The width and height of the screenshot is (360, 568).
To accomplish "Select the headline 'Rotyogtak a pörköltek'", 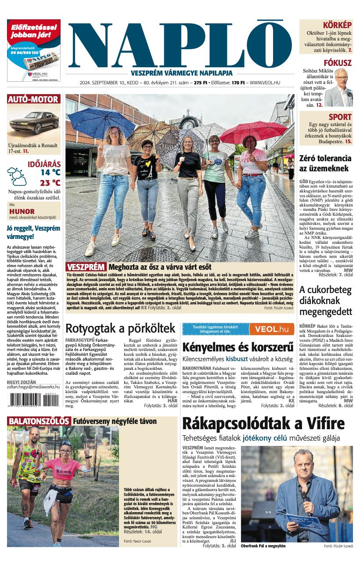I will tap(120, 328).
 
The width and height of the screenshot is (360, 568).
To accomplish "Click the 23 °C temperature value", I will tap(50, 183).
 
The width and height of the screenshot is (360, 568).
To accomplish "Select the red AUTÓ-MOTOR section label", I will tap(33, 99).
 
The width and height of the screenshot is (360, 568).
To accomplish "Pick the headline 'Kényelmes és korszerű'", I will tap(238, 347).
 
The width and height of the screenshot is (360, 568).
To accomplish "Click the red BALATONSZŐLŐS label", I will tap(39, 421).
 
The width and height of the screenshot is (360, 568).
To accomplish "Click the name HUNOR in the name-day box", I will tap(22, 211).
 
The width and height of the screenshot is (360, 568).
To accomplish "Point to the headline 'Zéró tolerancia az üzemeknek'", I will tap(325, 163).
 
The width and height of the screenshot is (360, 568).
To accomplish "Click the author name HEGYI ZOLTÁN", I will tap(22, 383).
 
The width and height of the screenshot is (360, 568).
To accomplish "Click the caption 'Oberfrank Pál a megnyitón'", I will tap(263, 546).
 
